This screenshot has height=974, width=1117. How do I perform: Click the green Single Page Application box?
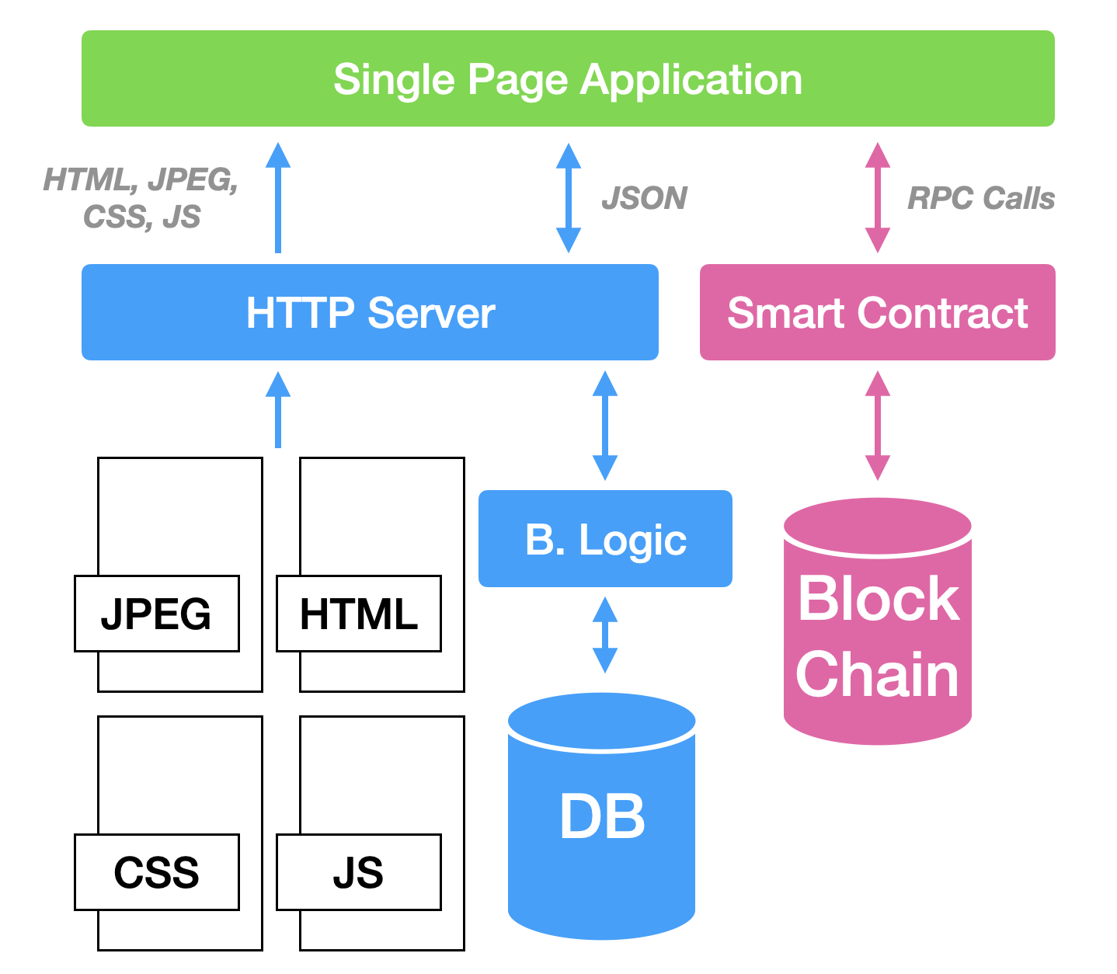(x=568, y=78)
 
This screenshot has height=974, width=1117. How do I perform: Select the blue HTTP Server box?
(x=370, y=312)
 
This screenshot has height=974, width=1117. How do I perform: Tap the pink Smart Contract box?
(x=877, y=312)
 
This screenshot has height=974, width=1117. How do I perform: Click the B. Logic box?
(x=605, y=538)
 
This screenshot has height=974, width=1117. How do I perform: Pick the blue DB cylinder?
(x=601, y=816)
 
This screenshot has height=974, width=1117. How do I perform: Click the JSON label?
(x=644, y=198)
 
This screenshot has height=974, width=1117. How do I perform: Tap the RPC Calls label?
(x=980, y=198)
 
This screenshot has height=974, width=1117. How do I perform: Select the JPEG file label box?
(x=156, y=614)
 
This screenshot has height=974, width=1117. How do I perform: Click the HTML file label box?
(x=358, y=614)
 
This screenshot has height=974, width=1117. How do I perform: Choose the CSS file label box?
(x=156, y=871)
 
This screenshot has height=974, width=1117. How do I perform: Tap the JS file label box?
(x=358, y=871)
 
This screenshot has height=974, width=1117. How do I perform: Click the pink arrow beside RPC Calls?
(x=877, y=197)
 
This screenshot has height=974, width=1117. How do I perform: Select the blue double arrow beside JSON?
(x=569, y=197)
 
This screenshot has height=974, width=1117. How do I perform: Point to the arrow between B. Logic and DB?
(x=604, y=635)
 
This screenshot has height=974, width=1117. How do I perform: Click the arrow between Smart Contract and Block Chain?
(x=877, y=426)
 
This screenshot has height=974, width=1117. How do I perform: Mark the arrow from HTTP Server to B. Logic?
(x=604, y=426)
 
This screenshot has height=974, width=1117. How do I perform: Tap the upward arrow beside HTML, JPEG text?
(x=277, y=197)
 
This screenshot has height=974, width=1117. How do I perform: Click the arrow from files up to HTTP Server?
(x=277, y=410)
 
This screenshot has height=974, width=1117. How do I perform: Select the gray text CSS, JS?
(x=141, y=217)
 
